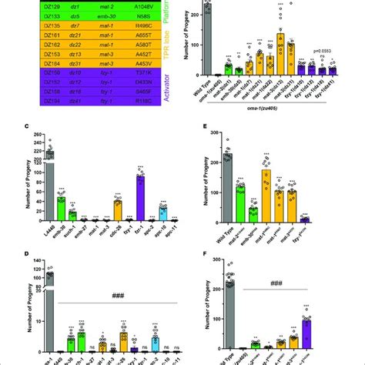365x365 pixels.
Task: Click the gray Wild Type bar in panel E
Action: pyautogui.click(x=228, y=182)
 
